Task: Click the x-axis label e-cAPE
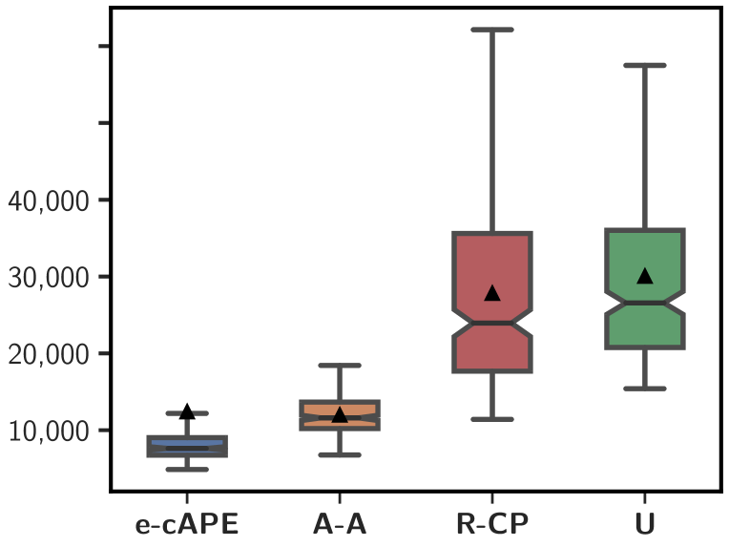click(186, 525)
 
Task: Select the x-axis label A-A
click(340, 525)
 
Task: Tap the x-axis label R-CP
click(492, 525)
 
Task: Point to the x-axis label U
click(645, 525)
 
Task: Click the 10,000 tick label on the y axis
click(49, 431)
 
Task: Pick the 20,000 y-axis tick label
click(49, 354)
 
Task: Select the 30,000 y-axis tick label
click(49, 278)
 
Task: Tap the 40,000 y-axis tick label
click(49, 201)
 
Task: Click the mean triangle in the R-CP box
click(492, 292)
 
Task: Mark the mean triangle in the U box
click(645, 276)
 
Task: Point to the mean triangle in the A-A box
click(340, 414)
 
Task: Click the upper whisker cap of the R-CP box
click(492, 30)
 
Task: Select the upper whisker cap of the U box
click(645, 65)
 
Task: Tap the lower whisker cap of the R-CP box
click(492, 419)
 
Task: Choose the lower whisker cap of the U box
click(645, 389)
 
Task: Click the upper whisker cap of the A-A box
click(340, 366)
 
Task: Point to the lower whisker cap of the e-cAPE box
click(187, 470)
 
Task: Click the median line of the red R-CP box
click(492, 323)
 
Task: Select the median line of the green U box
click(645, 303)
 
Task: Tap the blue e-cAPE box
click(187, 446)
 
